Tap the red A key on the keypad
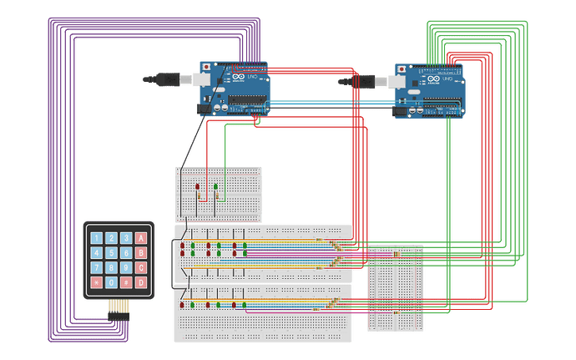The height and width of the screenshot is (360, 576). click(141, 237)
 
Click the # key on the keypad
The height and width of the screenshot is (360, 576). click(126, 282)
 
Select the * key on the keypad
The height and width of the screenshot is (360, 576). click(97, 282)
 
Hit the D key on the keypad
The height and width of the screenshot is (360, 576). click(141, 282)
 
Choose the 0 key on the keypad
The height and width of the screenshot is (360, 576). click(112, 282)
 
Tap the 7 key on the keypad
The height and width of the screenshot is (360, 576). click(97, 267)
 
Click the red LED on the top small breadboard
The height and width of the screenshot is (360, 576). click(197, 187)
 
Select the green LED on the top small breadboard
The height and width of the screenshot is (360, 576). click(215, 187)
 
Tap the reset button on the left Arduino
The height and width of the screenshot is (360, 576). click(206, 66)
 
